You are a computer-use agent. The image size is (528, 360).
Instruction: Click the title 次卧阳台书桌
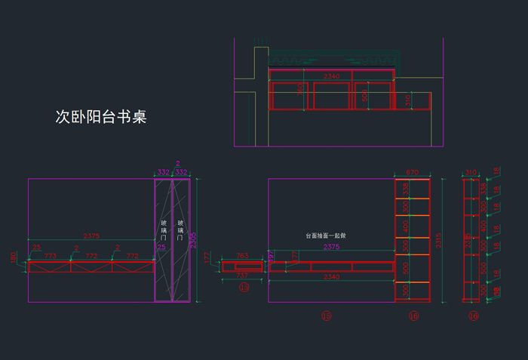click(x=100, y=117)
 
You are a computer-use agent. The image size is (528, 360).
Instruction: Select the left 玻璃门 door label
click(x=164, y=231)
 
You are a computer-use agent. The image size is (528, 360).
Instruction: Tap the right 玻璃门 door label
click(x=180, y=231)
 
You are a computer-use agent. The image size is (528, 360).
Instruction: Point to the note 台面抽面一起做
click(x=324, y=235)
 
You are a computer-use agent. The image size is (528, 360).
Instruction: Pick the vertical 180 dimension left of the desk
click(x=12, y=258)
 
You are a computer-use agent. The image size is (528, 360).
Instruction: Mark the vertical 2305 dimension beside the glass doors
click(x=194, y=240)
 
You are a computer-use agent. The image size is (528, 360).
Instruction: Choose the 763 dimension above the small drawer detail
click(x=243, y=257)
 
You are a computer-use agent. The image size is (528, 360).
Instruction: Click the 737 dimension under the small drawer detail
click(x=241, y=275)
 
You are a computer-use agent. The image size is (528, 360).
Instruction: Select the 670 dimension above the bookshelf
click(x=413, y=173)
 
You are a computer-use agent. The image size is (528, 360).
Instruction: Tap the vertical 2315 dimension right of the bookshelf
click(x=440, y=240)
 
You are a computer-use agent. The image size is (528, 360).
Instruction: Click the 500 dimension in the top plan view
click(x=364, y=97)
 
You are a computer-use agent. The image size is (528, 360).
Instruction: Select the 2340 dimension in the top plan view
click(x=331, y=76)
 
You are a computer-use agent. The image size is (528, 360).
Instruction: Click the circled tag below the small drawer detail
click(x=244, y=288)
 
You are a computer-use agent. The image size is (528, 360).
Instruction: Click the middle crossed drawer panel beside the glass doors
click(x=91, y=266)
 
